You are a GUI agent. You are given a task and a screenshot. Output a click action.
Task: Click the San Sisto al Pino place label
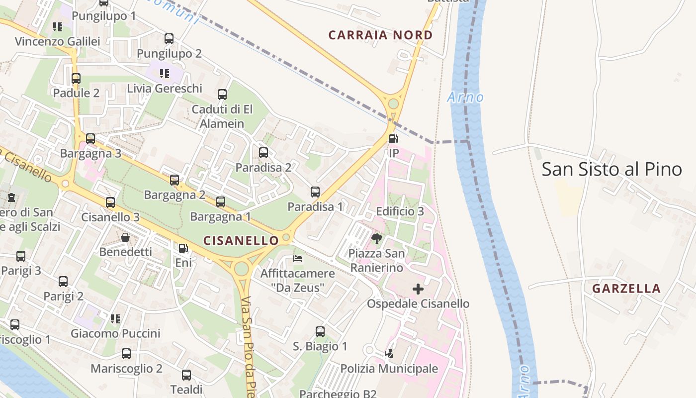tap(611, 169)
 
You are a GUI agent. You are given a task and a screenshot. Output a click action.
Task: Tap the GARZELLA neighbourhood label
tap(626, 289)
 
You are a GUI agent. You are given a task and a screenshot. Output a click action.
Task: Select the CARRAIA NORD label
tap(380, 35)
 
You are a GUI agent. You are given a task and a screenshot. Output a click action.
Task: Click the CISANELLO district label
tap(241, 241)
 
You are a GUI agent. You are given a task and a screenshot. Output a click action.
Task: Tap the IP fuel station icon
tap(393, 139)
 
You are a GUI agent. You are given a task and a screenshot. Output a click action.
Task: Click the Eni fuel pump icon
tap(183, 248)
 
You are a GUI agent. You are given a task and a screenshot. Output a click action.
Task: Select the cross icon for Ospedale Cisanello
tap(418, 289)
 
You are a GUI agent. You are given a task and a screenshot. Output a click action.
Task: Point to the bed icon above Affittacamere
tap(298, 259)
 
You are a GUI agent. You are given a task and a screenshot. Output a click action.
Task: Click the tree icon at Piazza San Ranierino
tap(376, 239)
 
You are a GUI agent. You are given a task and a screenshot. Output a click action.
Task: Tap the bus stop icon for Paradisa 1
tap(315, 192)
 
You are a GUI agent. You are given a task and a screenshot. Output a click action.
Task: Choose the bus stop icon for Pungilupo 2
tap(169, 38)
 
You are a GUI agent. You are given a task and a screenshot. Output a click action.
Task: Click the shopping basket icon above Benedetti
tap(125, 237)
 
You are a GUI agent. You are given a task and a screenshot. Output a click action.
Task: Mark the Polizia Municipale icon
tap(389, 354)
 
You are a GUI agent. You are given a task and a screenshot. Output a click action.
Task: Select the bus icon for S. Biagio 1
tap(320, 331)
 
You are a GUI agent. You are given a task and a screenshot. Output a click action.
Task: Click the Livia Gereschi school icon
tap(165, 74)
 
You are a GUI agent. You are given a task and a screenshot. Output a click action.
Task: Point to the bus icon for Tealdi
tap(186, 375)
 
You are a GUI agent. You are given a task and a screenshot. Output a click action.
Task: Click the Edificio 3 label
tap(400, 211)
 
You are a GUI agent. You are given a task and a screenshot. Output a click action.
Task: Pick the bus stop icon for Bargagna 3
tap(90, 139)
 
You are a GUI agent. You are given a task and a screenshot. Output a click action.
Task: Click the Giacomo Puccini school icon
tap(115, 318)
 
